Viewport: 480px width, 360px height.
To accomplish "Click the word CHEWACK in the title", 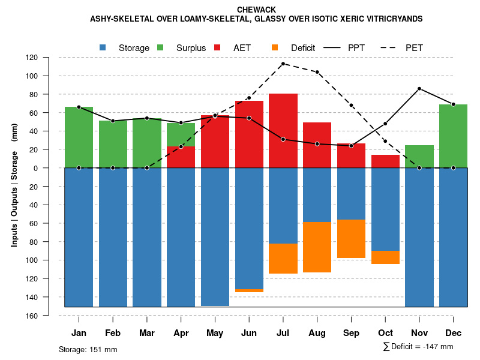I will (x=256, y=10).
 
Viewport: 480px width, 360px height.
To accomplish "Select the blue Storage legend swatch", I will (x=103, y=47).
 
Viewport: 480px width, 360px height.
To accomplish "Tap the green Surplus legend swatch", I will (x=160, y=47).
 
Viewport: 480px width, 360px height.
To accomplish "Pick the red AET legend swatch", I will (x=217, y=47).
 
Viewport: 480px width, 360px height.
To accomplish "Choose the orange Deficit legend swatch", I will (x=275, y=47).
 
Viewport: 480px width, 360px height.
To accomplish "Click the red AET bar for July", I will (x=283, y=130).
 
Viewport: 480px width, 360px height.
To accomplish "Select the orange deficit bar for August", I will (x=317, y=247).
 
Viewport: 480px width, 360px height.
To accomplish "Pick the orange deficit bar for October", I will (x=385, y=257).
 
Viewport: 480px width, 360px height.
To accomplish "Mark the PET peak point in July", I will (x=283, y=64).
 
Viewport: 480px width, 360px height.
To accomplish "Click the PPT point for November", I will (x=419, y=89).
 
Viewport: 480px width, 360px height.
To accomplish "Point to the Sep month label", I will (x=352, y=333).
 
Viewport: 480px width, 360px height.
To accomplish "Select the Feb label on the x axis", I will (x=113, y=333).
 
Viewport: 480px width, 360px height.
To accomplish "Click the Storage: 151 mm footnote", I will (x=88, y=349).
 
